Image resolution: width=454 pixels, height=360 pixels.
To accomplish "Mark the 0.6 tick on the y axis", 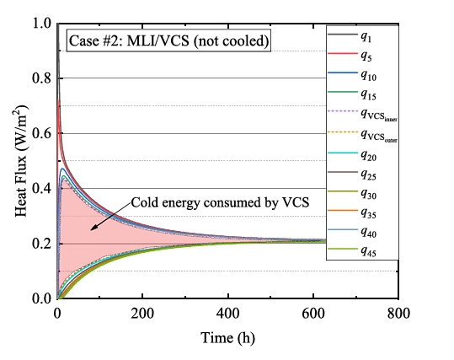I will (x=41, y=134).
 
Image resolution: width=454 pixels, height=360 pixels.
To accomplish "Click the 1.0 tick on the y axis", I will (x=41, y=24).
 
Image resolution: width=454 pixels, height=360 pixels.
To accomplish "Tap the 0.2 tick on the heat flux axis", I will (x=41, y=244).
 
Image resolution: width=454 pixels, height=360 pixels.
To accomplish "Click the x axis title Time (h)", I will (x=227, y=336).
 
